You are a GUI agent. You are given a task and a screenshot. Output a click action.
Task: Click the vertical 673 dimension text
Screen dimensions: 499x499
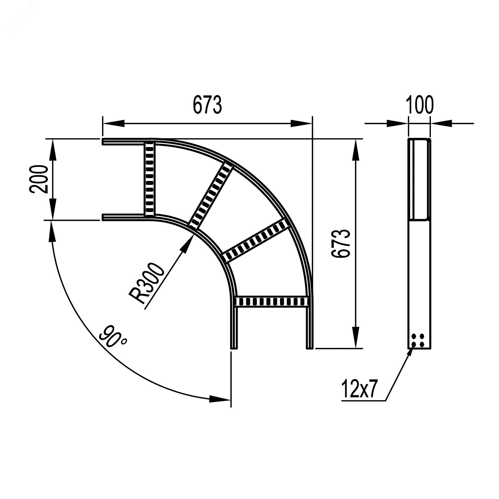(341, 243)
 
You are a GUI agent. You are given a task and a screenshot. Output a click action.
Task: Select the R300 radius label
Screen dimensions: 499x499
(147, 283)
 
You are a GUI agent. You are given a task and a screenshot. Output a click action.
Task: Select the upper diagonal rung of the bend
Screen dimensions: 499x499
(211, 197)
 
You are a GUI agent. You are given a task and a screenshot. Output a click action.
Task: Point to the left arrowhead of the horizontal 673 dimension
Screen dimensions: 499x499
(114, 124)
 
